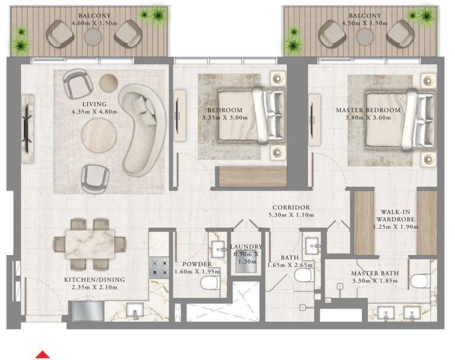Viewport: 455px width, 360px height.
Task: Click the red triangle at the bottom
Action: (42, 355)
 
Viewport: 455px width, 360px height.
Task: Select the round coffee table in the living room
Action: (99, 135)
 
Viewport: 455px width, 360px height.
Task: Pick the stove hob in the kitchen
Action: (159, 267)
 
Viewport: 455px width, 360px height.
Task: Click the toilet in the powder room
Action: (209, 285)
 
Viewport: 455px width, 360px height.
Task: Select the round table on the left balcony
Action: (93, 36)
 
